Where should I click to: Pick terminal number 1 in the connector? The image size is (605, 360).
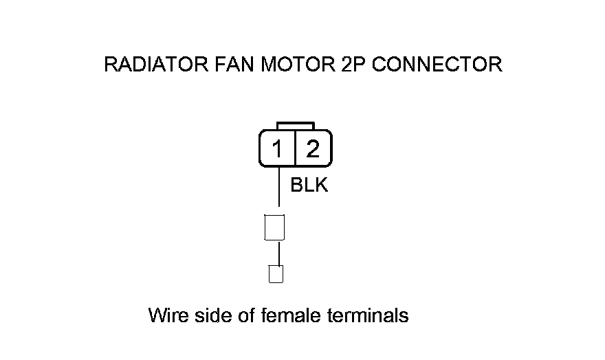point(277,148)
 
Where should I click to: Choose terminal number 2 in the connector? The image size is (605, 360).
point(313,148)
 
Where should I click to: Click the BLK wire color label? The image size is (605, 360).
point(309,185)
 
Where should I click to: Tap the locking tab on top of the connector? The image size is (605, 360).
point(296,126)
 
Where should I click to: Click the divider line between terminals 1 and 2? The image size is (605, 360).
point(295,148)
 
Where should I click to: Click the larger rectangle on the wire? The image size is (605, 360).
point(274,227)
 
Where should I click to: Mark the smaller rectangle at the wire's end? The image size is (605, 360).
point(276,274)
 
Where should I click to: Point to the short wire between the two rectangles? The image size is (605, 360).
point(278,253)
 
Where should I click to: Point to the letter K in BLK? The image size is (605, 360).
point(322,185)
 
